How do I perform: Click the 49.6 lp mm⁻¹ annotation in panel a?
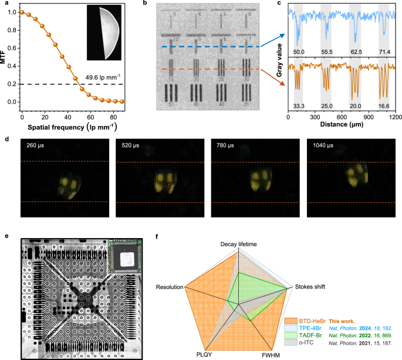[x=103, y=76]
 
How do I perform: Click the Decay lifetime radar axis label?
[x=238, y=243]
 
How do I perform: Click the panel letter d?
[x=5, y=140]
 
